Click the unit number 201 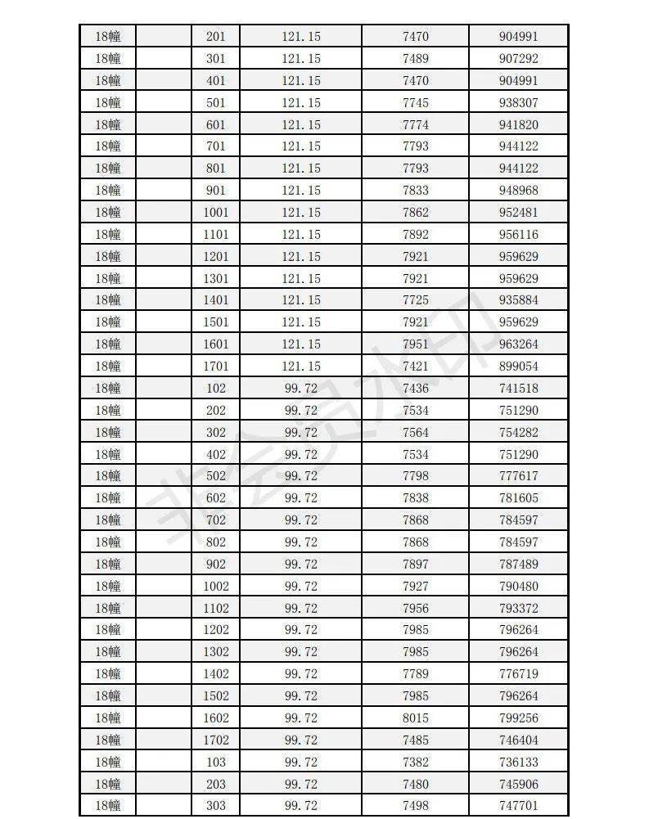point(216,37)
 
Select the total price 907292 point(518,59)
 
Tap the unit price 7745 point(416,103)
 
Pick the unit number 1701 point(216,367)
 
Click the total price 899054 point(518,367)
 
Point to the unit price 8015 point(416,718)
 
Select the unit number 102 point(216,389)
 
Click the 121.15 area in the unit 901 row point(301,191)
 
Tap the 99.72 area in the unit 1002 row point(301,587)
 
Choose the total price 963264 point(518,344)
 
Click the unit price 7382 point(416,762)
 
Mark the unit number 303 point(216,806)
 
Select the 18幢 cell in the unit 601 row point(108,125)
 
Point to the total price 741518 point(518,389)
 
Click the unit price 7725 point(416,300)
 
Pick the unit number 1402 point(216,674)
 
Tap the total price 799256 point(518,718)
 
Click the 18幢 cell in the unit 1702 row point(108,740)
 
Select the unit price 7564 point(416,432)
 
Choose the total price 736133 point(518,762)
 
